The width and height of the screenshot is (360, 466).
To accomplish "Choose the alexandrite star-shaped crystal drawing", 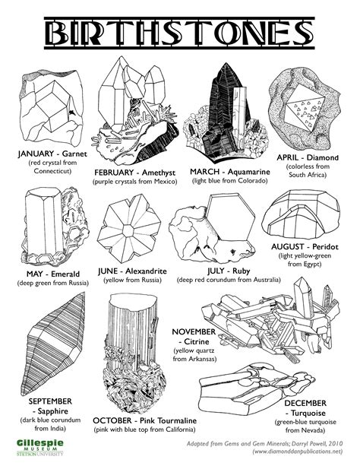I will pos(131,228).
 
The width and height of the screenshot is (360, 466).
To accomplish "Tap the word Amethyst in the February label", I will pos(159,172).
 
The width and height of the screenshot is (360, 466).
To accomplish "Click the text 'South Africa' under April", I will pos(308,174).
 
